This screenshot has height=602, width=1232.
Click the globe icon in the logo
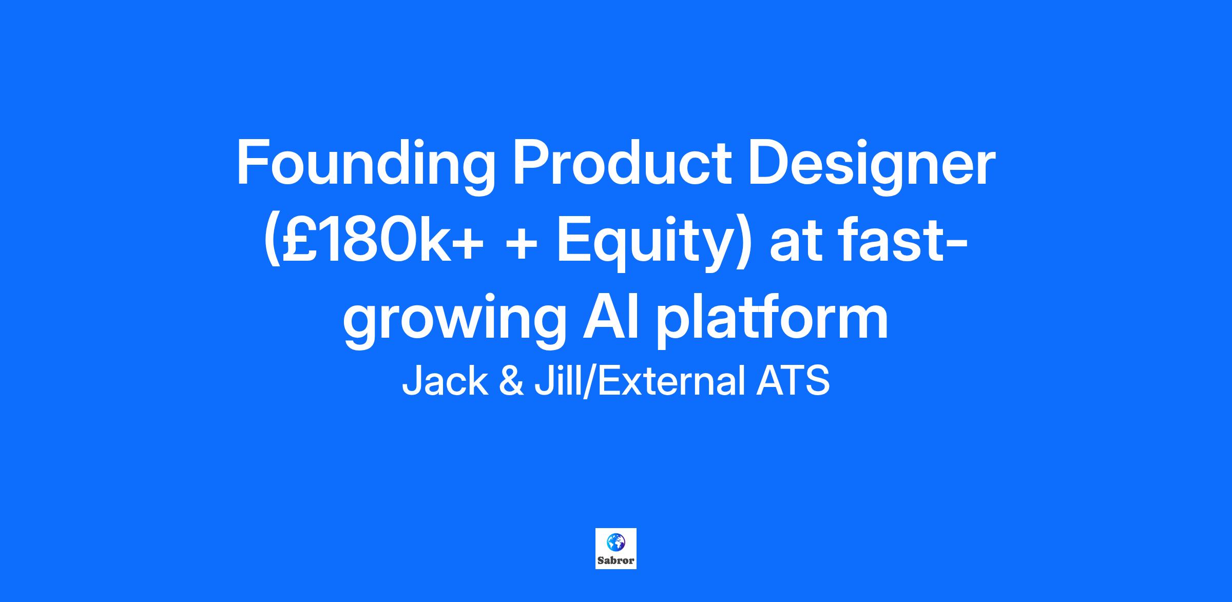[615, 541]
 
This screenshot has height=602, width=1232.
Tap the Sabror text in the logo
[616, 560]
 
